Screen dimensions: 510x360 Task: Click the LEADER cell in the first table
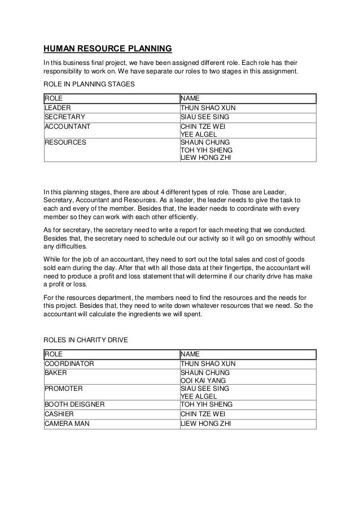58,107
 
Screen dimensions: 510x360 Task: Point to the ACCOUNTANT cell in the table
67,127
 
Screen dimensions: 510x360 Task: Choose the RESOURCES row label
65,143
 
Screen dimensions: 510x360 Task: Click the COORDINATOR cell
69,363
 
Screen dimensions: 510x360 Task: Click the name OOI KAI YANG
203,381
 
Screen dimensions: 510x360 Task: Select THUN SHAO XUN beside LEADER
207,107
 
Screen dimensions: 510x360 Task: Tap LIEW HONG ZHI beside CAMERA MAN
205,424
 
